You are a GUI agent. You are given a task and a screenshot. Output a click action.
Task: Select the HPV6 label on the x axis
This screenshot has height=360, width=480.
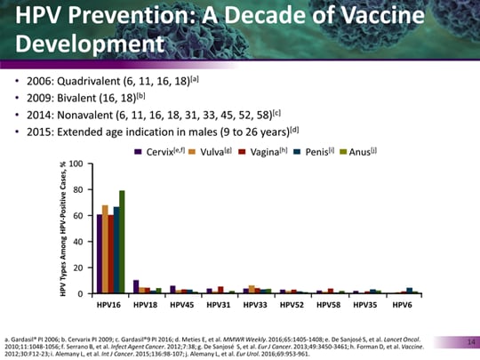point(403,304)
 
